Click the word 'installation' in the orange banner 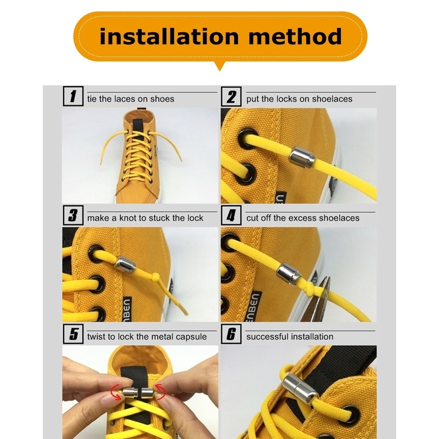pos(169,37)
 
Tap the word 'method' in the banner pos(295,37)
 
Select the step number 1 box pos(73,96)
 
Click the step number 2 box pos(231,97)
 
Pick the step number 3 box pos(73,215)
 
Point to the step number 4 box pos(231,215)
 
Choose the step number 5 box pos(73,334)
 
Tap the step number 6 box pos(231,334)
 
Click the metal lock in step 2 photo pos(302,158)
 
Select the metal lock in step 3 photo pos(126,265)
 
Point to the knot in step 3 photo pos(156,278)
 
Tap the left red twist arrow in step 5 pos(115,391)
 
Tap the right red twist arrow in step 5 pos(160,391)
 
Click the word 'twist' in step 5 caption pos(95,336)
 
